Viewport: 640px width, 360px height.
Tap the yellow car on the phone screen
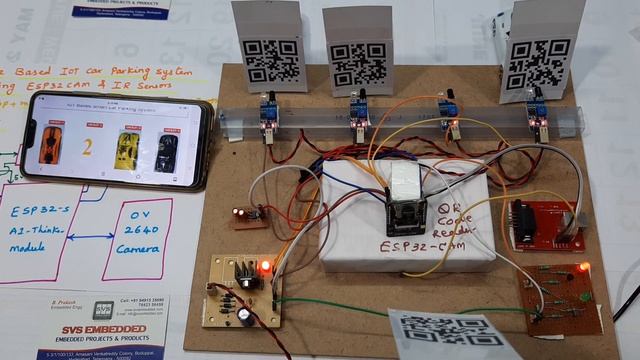pyautogui.click(x=125, y=150)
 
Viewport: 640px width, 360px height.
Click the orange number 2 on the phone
pyautogui.click(x=88, y=149)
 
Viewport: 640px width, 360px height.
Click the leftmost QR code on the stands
pyautogui.click(x=272, y=59)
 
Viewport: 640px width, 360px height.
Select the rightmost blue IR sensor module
pyautogui.click(x=537, y=112)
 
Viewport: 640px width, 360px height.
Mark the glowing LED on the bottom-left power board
pyautogui.click(x=264, y=267)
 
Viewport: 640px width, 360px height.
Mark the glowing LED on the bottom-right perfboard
pyautogui.click(x=583, y=268)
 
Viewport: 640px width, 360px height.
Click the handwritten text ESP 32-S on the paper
pyautogui.click(x=39, y=212)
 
